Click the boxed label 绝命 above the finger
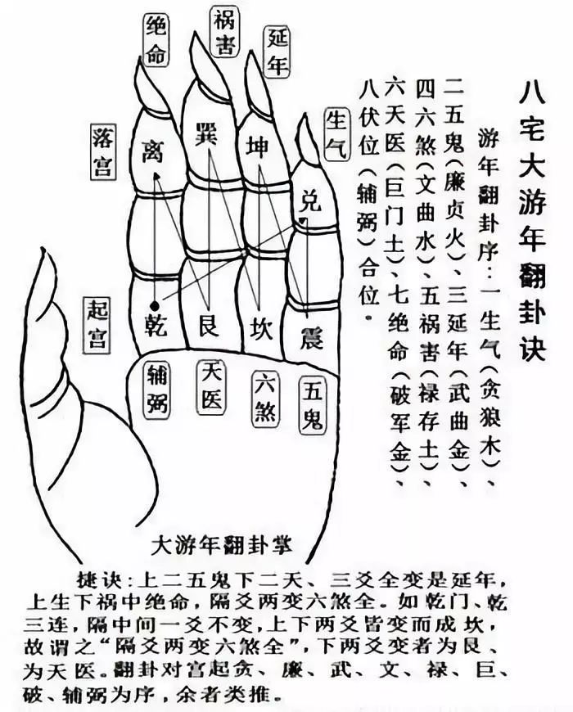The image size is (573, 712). (x=156, y=40)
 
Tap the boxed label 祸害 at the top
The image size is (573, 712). (x=223, y=32)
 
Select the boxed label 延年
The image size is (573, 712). (x=277, y=52)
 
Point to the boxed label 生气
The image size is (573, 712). (x=337, y=133)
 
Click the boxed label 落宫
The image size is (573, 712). (x=102, y=151)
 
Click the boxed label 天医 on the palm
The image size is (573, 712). (x=210, y=387)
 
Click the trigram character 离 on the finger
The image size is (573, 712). (x=151, y=150)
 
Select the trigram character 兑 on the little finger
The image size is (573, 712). (x=310, y=201)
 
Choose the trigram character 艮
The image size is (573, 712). (x=209, y=325)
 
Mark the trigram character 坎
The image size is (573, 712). (x=261, y=328)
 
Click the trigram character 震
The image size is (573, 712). (x=312, y=337)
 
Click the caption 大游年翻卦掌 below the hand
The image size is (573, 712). (x=222, y=545)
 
